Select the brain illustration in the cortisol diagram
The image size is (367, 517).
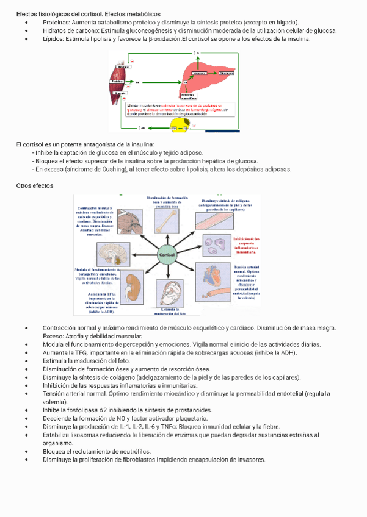coord(112,255)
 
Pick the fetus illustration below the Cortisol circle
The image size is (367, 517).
coord(170,293)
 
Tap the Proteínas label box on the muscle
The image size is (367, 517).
coord(117,82)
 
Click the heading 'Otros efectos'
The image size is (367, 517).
coord(35,185)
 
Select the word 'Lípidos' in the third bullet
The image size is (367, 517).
coord(53,39)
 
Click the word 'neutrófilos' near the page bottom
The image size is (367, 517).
coord(133,452)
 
